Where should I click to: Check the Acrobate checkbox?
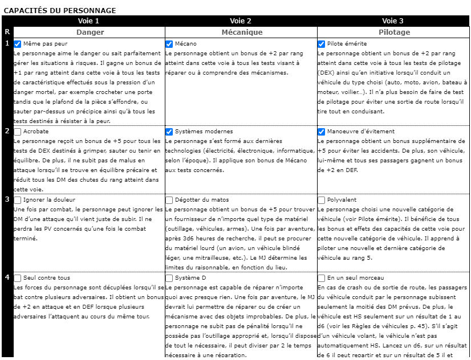pyautogui.click(x=18, y=132)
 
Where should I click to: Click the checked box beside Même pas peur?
pyautogui.click(x=18, y=44)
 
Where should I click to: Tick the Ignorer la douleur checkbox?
pyautogui.click(x=18, y=200)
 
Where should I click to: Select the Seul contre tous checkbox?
pyautogui.click(x=18, y=278)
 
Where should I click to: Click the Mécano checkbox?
pyautogui.click(x=169, y=44)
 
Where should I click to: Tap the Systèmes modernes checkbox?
pyautogui.click(x=169, y=132)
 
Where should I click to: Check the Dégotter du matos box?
pyautogui.click(x=169, y=200)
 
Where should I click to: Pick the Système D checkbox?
pyautogui.click(x=169, y=278)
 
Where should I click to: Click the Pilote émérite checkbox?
pyautogui.click(x=322, y=44)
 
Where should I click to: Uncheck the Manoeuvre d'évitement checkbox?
pyautogui.click(x=322, y=132)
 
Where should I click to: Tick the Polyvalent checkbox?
pyautogui.click(x=322, y=200)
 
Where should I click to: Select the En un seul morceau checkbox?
pyautogui.click(x=322, y=278)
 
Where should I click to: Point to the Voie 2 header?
pyautogui.click(x=241, y=21)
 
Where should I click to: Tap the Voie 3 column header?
pyautogui.click(x=393, y=21)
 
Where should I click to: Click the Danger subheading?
pyautogui.click(x=90, y=32)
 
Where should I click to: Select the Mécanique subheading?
pyautogui.click(x=241, y=32)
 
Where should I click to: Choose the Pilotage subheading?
pyautogui.click(x=393, y=32)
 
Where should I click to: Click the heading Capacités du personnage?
pyautogui.click(x=60, y=10)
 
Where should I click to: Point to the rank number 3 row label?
pyautogui.click(x=7, y=199)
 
